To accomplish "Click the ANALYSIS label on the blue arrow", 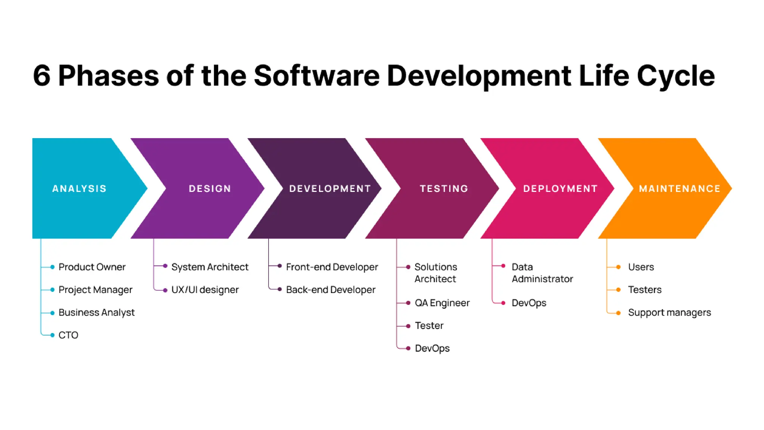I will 79,188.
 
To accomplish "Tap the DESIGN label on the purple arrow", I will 210,188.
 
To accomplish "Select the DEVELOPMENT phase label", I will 330,188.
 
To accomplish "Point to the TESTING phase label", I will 444,188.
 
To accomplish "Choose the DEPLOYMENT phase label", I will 560,188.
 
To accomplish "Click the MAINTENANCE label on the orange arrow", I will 679,188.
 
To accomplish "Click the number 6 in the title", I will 41,76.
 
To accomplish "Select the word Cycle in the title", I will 676,76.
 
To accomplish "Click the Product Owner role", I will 92,267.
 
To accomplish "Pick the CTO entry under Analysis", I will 68,335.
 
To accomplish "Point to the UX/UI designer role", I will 205,290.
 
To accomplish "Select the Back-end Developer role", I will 331,290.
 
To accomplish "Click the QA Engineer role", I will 442,303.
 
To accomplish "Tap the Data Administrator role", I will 542,273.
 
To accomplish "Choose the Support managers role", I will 669,312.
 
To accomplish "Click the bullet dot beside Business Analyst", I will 52,312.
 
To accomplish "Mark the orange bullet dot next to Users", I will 618,267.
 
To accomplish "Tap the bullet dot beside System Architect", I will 165,266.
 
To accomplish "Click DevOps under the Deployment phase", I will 529,303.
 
